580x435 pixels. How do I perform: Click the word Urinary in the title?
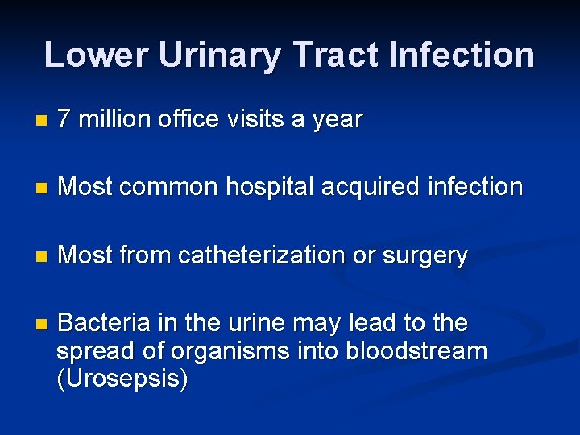[x=220, y=56]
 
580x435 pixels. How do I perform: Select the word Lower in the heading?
[x=96, y=56]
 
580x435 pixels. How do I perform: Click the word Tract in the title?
[x=336, y=56]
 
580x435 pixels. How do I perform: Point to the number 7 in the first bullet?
[x=66, y=120]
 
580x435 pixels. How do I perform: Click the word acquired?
[x=371, y=188]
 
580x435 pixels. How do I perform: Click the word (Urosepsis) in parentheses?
[x=122, y=379]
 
